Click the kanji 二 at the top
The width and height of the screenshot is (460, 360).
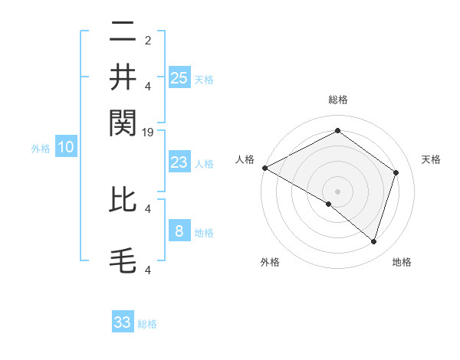[x=123, y=33]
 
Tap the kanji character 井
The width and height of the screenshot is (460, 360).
[x=123, y=77]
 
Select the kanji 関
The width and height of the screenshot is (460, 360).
[x=123, y=120]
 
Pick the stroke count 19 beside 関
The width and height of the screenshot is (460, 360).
[x=149, y=133]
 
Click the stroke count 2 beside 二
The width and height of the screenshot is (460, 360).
[x=148, y=41]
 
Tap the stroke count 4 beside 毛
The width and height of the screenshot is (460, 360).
[x=148, y=270]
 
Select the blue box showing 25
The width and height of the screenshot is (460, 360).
[x=179, y=77]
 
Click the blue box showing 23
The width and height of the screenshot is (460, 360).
[x=179, y=162]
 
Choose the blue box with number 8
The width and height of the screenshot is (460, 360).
[x=179, y=231]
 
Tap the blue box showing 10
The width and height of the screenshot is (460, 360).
[x=66, y=148]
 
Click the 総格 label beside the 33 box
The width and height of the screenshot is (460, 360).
[x=147, y=324]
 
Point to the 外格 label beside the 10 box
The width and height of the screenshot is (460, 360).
[x=41, y=149]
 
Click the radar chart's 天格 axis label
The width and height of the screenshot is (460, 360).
[x=431, y=159]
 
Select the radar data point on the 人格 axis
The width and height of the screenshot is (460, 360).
[x=264, y=168]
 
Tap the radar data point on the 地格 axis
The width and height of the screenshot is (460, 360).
[x=373, y=242]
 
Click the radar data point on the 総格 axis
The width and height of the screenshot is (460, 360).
[x=337, y=131]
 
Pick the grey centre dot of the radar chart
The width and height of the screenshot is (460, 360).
[x=337, y=191]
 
